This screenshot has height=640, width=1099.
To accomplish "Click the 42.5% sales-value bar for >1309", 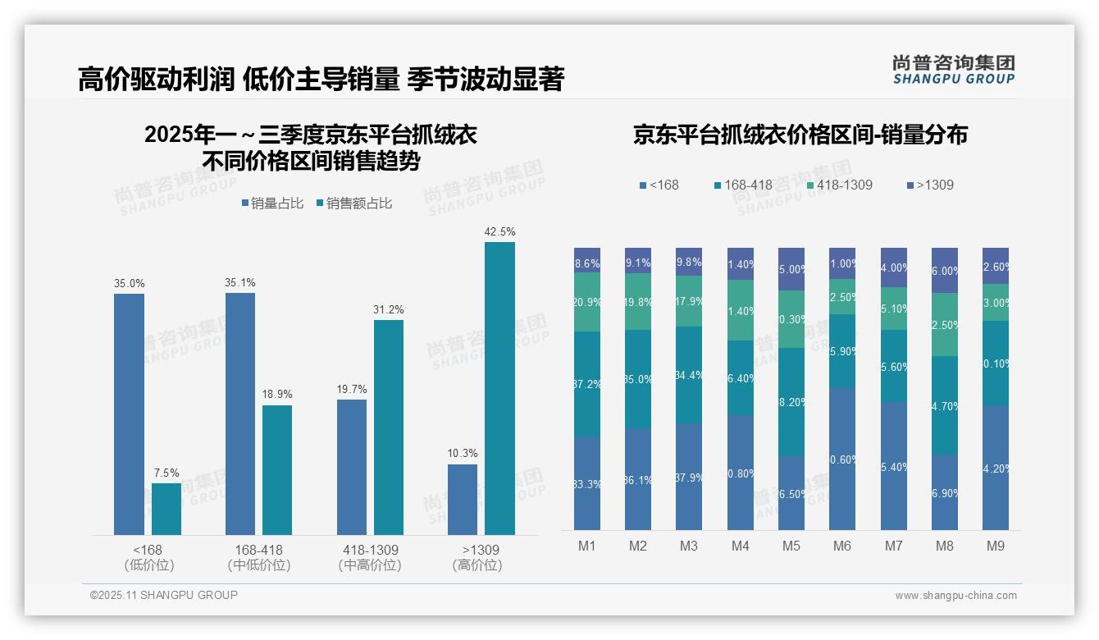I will (499, 388).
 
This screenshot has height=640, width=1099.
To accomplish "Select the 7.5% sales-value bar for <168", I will (166, 509).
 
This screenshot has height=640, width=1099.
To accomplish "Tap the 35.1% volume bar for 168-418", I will (240, 414).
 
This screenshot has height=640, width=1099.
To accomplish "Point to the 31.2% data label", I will (389, 309).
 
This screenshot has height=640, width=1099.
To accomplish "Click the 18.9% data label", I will (277, 395).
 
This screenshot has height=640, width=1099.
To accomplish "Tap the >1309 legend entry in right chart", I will (930, 185).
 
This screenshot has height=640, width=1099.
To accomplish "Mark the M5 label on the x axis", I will (791, 546).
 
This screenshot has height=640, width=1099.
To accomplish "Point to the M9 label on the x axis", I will (995, 546).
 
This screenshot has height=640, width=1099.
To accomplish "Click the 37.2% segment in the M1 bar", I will (587, 384).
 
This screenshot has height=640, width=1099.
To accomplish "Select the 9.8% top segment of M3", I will (689, 262).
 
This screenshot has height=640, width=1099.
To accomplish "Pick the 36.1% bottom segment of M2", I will (638, 479).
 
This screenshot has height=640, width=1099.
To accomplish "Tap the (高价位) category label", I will (477, 565).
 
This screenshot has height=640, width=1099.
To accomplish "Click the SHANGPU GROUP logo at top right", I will (953, 70).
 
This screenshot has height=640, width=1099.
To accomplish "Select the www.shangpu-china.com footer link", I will (955, 596).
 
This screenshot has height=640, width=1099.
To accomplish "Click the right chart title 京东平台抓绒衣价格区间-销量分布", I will (800, 135).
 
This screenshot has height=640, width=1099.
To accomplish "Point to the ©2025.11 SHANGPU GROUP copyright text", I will (164, 595).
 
